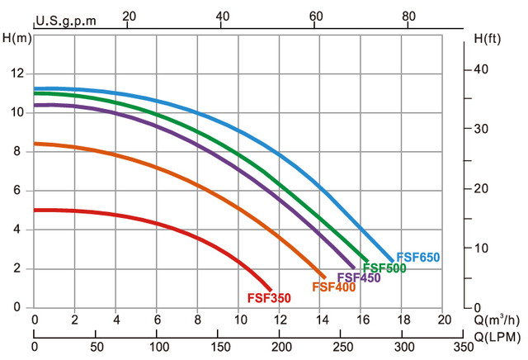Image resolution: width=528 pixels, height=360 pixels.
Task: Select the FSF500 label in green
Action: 384,268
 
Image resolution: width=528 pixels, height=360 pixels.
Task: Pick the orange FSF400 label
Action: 332,287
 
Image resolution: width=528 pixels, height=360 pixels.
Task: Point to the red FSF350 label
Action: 269,297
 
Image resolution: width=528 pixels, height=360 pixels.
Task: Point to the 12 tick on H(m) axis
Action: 15,73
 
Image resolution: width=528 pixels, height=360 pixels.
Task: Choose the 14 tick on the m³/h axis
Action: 321,320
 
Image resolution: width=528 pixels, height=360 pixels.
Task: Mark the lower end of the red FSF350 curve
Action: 269,288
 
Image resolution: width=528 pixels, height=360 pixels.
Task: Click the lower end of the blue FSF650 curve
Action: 392,260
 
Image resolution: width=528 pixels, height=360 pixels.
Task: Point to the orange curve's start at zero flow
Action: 35,144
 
